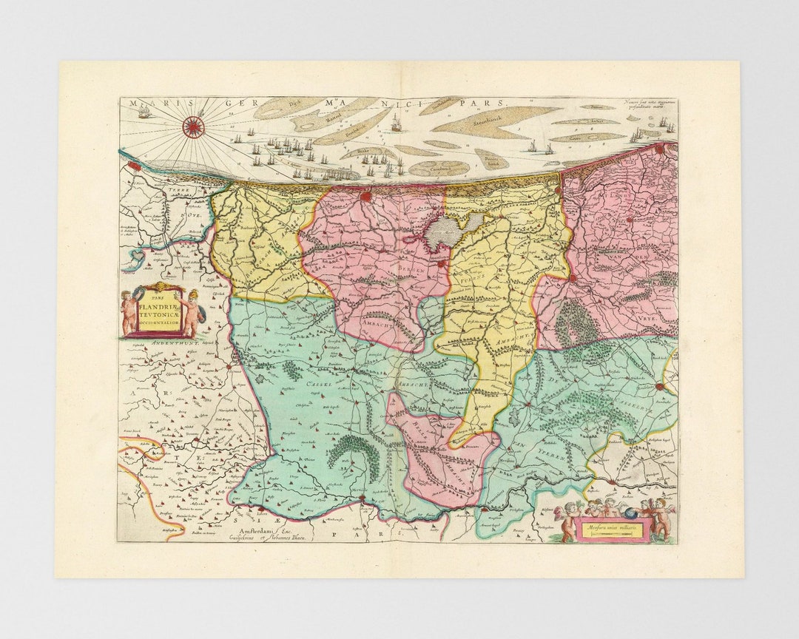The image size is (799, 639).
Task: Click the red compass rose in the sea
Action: click(193, 127)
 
